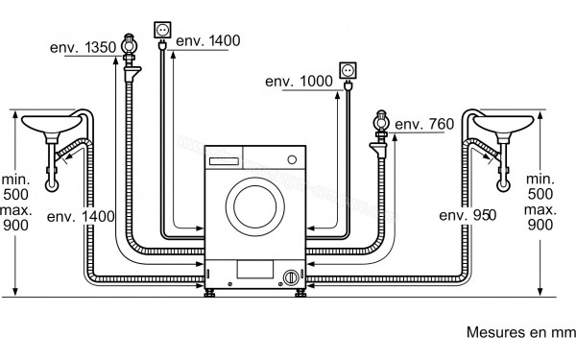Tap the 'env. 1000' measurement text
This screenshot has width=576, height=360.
pos(300,82)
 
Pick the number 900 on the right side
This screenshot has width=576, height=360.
pos(540,225)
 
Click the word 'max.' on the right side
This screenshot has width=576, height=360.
pos(540,209)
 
